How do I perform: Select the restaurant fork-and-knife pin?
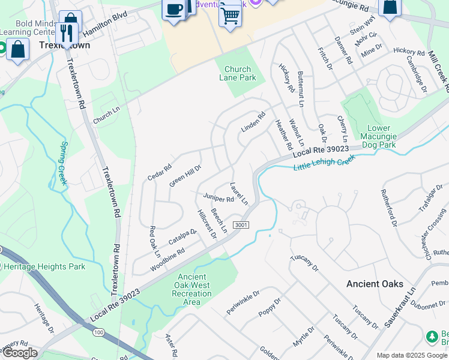click(x=67, y=32)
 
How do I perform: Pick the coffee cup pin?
click(x=174, y=10)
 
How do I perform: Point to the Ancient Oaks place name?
click(x=375, y=284)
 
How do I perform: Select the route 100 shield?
click(x=97, y=332)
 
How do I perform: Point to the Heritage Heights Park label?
click(x=43, y=266)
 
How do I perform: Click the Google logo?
click(x=20, y=353)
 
